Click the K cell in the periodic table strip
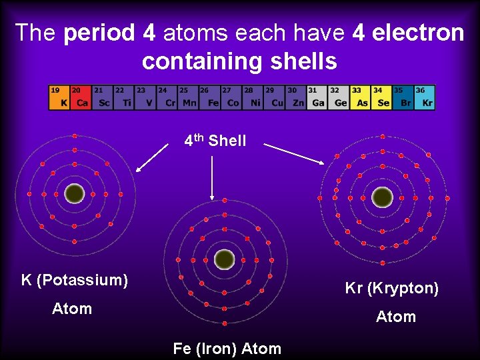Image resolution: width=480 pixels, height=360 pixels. click(x=59, y=97)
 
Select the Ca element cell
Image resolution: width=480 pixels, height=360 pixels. click(x=80, y=97)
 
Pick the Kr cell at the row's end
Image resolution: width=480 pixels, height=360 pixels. click(x=425, y=97)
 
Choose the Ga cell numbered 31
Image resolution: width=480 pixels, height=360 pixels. click(x=317, y=97)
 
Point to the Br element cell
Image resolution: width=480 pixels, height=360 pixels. click(x=403, y=97)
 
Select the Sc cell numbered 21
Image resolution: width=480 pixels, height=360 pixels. click(x=102, y=97)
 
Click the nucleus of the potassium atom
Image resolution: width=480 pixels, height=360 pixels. click(x=75, y=194)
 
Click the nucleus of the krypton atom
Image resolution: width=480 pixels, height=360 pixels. click(x=382, y=197)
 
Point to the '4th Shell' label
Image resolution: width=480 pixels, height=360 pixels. click(x=215, y=141)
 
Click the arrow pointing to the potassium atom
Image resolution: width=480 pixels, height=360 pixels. click(x=152, y=157)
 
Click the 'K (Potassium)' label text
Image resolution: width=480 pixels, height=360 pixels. click(x=75, y=280)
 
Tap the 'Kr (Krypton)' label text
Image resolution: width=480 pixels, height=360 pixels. click(x=391, y=289)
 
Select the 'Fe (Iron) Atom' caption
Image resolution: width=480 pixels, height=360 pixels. click(x=227, y=348)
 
